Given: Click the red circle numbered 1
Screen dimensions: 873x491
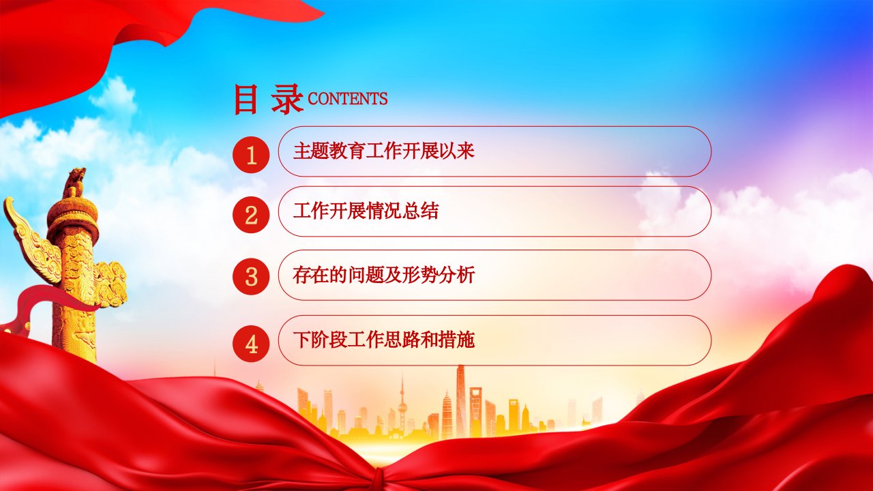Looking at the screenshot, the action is pos(251,155).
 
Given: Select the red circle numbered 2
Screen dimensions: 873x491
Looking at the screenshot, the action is pos(251,215).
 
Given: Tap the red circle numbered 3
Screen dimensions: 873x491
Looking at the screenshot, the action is pos(251,276).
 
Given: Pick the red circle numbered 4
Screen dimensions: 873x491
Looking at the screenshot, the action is pos(251,344).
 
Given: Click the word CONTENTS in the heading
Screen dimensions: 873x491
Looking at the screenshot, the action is pos(348,99).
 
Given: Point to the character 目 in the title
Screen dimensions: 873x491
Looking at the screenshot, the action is pos(246,100).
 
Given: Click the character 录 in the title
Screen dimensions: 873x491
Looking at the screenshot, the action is pos(287,100).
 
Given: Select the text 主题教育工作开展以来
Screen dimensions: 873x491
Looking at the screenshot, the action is pos(384,151).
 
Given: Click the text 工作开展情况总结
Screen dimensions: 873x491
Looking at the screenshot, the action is pos(366,211).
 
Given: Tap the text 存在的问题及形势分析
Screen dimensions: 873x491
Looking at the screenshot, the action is pos(384,275).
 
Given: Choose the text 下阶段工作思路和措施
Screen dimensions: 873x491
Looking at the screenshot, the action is pos(384,340).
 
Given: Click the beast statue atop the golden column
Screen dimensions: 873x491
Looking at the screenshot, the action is pos(74,183).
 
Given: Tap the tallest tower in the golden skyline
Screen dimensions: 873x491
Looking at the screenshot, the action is pos(460,402).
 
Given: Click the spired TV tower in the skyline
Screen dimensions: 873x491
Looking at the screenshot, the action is pos(402,403).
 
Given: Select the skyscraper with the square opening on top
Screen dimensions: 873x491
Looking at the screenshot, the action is pos(475,411).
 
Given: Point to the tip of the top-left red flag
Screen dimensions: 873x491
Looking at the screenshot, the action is pos(323,14).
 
